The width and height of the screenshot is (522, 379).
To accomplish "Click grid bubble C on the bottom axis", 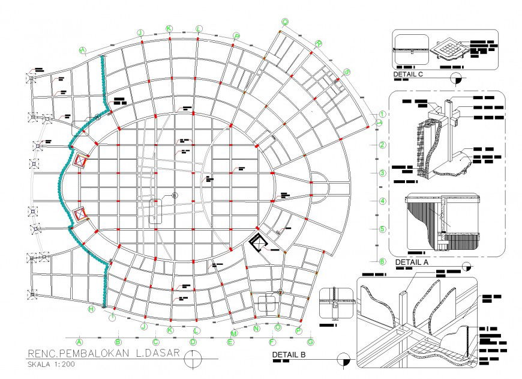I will tap(156, 342).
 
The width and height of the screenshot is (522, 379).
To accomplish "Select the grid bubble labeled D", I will tap(193, 342).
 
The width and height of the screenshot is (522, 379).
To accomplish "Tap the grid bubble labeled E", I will tap(230, 343).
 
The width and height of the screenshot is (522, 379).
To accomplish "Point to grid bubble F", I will tap(272, 342).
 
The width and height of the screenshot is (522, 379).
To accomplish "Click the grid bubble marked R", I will tap(319, 43).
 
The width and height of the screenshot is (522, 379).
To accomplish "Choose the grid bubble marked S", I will tap(347, 72).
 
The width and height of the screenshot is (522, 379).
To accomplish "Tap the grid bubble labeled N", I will tap(256, 329).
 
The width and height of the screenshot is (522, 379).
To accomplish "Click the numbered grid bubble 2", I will tap(382, 145).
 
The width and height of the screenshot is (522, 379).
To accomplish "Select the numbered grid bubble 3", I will tap(382, 173).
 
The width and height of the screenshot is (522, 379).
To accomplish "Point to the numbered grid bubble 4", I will tap(382, 201).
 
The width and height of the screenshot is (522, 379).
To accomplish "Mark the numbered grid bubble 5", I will tap(382, 229).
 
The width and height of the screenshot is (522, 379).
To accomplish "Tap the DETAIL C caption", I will tap(409, 75).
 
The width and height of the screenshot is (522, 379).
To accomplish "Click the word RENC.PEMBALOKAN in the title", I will tap(78, 353).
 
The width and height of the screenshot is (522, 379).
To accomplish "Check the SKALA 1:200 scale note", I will tap(52, 364).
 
